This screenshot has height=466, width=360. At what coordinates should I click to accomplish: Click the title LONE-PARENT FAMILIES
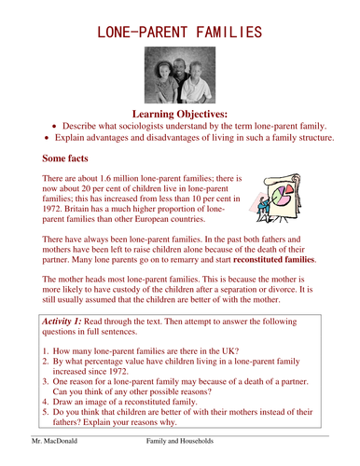pyautogui.click(x=180, y=34)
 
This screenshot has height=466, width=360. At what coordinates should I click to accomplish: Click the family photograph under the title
pyautogui.click(x=180, y=77)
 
